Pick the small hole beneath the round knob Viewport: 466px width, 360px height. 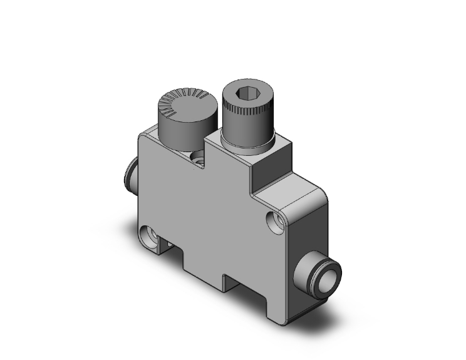point(200,157)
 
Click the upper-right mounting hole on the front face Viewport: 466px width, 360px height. point(272,220)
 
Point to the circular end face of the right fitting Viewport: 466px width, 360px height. point(330,275)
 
